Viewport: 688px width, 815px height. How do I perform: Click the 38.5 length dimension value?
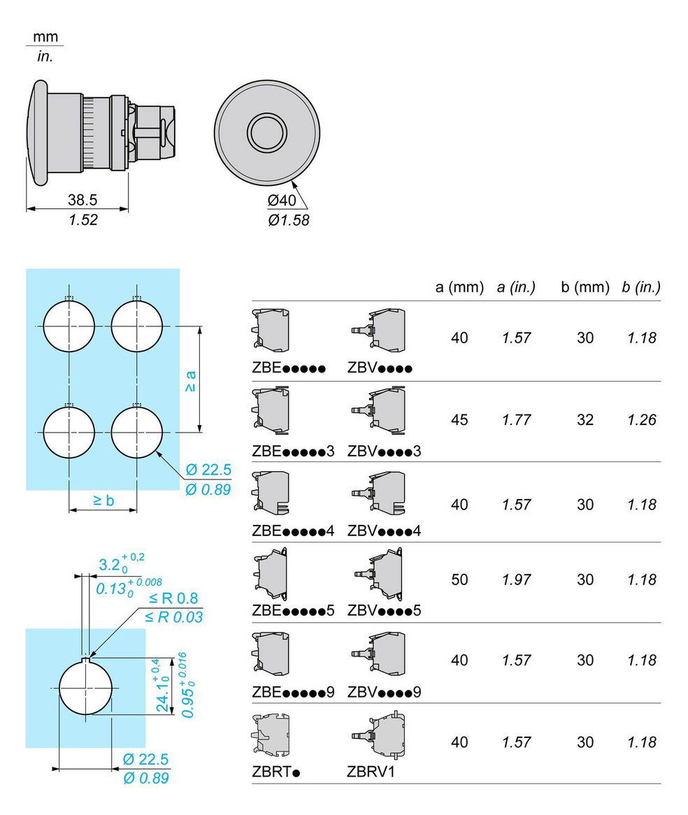point(83,200)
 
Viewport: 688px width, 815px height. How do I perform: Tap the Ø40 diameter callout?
point(281,200)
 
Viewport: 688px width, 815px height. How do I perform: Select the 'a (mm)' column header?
point(459,287)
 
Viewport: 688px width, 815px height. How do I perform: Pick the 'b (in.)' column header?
point(641,287)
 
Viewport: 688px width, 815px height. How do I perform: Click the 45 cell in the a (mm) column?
point(459,419)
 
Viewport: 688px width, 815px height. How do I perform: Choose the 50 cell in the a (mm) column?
point(459,579)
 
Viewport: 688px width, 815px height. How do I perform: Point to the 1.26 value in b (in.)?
point(642,419)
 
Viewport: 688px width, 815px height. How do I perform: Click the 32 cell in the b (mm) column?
point(585,419)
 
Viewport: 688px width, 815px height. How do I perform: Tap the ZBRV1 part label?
point(371,772)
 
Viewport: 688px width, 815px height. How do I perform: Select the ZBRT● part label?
point(276,772)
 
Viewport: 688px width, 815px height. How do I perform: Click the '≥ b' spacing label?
point(103,500)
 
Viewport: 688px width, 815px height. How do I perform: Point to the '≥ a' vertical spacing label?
point(190,381)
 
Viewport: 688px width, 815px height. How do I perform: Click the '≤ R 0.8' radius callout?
point(173,598)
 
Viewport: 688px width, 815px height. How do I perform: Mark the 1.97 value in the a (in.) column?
point(517,579)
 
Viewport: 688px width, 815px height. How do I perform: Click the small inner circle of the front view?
point(267,133)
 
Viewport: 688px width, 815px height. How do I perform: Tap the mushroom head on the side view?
point(37,133)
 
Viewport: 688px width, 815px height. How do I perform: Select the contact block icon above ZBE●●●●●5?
point(271,574)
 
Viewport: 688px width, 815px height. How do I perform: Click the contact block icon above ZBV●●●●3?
point(378,410)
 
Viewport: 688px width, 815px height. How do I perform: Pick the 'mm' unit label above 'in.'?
point(45,37)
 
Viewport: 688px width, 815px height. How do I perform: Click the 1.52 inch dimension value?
point(83,219)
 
